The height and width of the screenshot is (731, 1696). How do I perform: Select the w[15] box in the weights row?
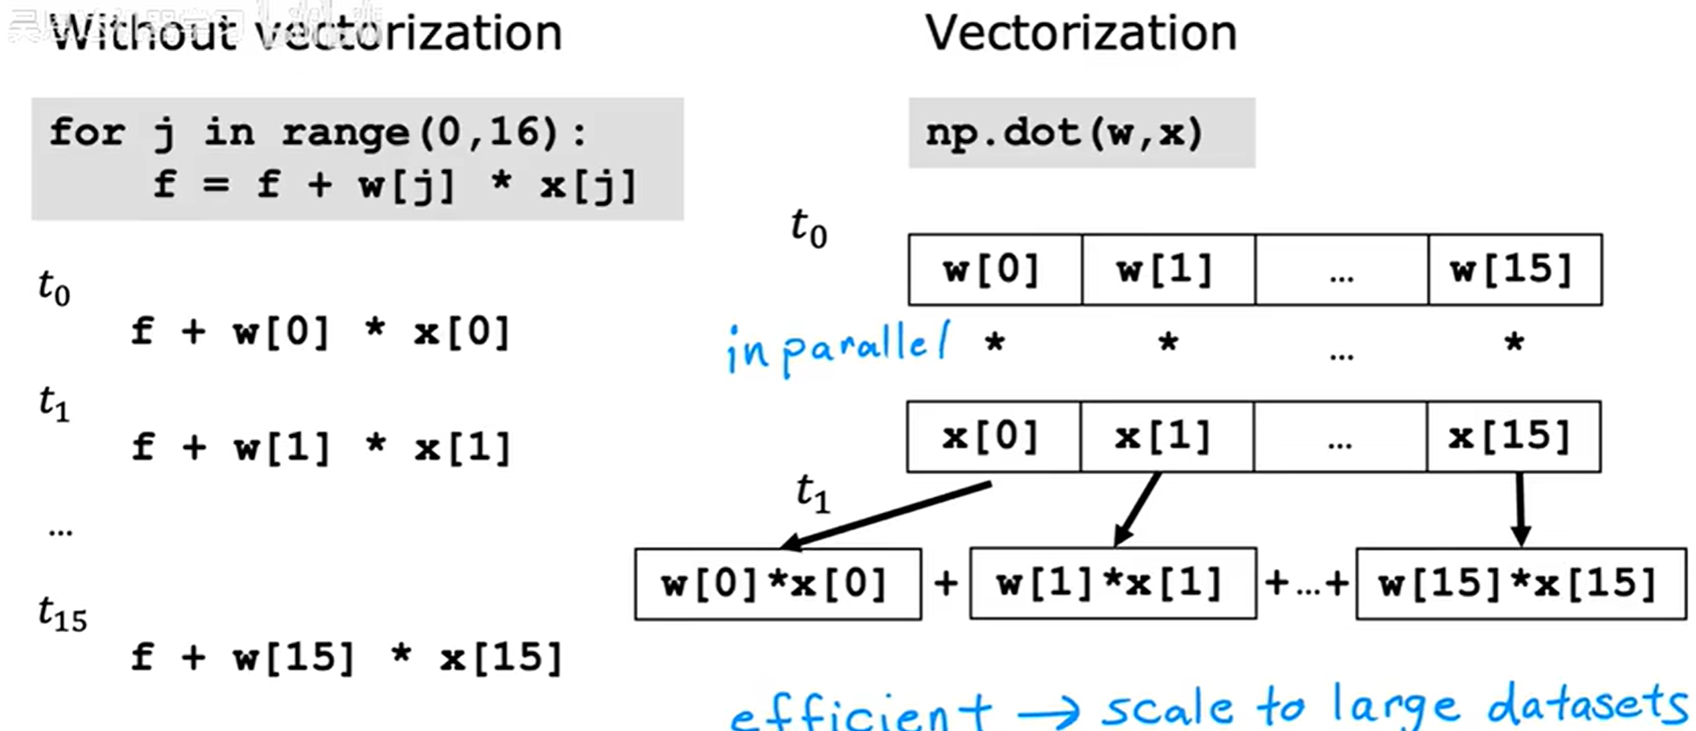click(1514, 269)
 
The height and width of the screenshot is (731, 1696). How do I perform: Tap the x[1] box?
click(1166, 436)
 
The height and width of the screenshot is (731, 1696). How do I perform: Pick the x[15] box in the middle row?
click(1513, 436)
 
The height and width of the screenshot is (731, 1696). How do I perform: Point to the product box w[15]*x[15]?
click(1521, 584)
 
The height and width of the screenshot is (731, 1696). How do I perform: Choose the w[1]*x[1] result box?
click(1113, 584)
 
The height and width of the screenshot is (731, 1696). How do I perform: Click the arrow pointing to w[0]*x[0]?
click(884, 515)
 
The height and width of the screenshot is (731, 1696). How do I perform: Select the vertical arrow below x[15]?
click(1521, 509)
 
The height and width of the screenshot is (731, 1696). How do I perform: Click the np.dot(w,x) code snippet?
click(1064, 133)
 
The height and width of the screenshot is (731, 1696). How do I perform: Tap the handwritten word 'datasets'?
click(1587, 705)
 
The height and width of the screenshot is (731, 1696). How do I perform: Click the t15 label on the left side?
click(62, 614)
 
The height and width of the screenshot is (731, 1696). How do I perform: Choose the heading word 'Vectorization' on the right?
click(1081, 33)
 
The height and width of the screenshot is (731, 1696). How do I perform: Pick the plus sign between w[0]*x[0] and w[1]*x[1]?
click(945, 584)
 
